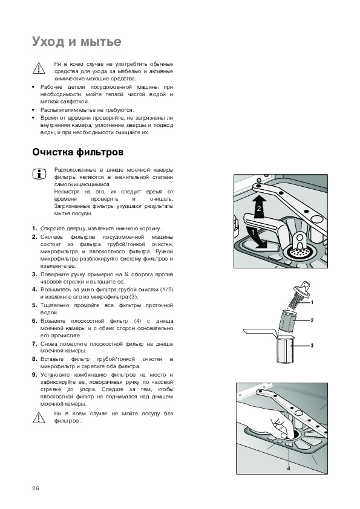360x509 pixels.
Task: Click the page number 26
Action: click(x=36, y=488)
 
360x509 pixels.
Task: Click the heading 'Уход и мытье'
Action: click(x=77, y=42)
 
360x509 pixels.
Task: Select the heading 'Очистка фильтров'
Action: click(x=77, y=152)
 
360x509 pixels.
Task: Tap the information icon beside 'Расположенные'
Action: click(x=39, y=174)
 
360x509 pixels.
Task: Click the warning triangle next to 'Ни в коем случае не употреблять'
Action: click(x=39, y=68)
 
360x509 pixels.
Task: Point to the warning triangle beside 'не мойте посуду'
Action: click(x=39, y=418)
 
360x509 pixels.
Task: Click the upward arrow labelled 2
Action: click(x=259, y=207)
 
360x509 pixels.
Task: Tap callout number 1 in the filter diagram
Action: click(x=312, y=302)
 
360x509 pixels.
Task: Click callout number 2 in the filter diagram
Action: click(x=312, y=320)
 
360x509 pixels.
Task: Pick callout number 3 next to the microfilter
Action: click(x=312, y=345)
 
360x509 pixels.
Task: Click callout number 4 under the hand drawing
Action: click(x=289, y=468)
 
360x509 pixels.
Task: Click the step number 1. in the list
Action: click(x=34, y=229)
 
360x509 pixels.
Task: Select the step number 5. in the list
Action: click(x=34, y=305)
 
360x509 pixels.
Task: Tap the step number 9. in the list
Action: click(x=34, y=375)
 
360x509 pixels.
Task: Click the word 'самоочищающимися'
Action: click(x=82, y=185)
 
